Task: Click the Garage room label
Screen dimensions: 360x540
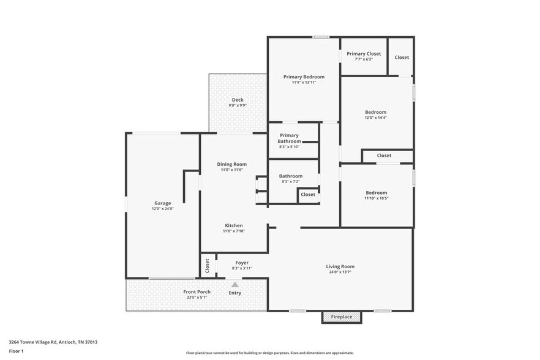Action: (x=162, y=203)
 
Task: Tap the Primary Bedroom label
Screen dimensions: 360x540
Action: (x=304, y=77)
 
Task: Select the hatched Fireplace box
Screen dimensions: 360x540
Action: (x=342, y=317)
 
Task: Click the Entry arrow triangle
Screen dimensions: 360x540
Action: (x=234, y=285)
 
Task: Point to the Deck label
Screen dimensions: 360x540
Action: (x=238, y=100)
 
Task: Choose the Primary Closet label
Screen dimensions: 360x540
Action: (x=364, y=54)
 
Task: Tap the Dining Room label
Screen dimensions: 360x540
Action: (x=232, y=164)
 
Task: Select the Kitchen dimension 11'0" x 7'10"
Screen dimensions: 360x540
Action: (x=233, y=231)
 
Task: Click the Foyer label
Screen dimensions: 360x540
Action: (x=242, y=263)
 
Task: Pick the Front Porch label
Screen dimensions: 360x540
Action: (x=197, y=292)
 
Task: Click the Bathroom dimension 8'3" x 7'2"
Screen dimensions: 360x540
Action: (x=291, y=182)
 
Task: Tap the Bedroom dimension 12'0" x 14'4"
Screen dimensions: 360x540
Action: (x=376, y=118)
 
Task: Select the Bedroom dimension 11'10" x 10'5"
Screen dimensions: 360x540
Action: (x=376, y=198)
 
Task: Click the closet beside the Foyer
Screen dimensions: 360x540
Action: (x=207, y=266)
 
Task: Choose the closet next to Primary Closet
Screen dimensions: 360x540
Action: (x=402, y=58)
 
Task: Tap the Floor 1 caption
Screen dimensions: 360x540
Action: (x=17, y=351)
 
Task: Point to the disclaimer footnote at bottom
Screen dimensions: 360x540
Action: (x=269, y=353)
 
